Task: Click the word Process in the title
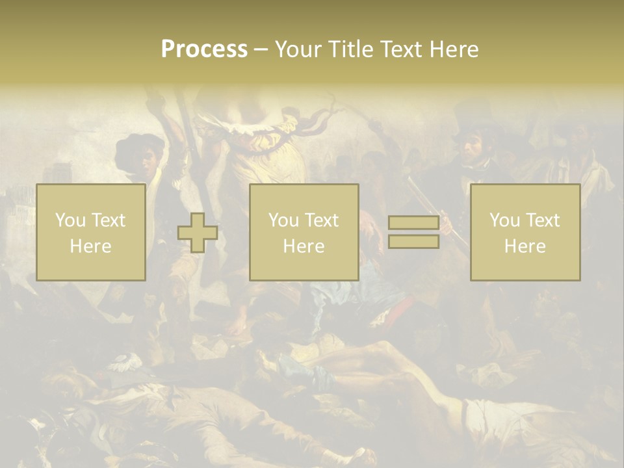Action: [204, 49]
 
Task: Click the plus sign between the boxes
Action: [197, 233]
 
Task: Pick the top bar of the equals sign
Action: [413, 222]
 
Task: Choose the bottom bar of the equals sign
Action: [413, 242]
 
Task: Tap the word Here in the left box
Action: [90, 246]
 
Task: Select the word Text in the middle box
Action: [322, 220]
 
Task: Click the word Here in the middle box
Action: [304, 246]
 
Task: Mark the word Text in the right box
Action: [543, 220]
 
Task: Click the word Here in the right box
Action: [525, 246]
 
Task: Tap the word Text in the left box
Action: [109, 220]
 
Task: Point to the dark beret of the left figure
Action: [138, 148]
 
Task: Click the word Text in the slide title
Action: [398, 49]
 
